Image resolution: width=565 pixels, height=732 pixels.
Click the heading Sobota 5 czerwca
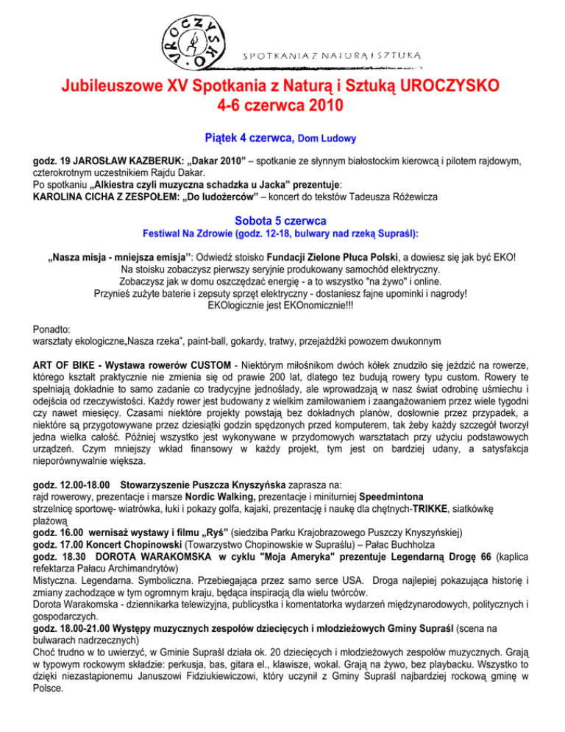click(282, 219)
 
